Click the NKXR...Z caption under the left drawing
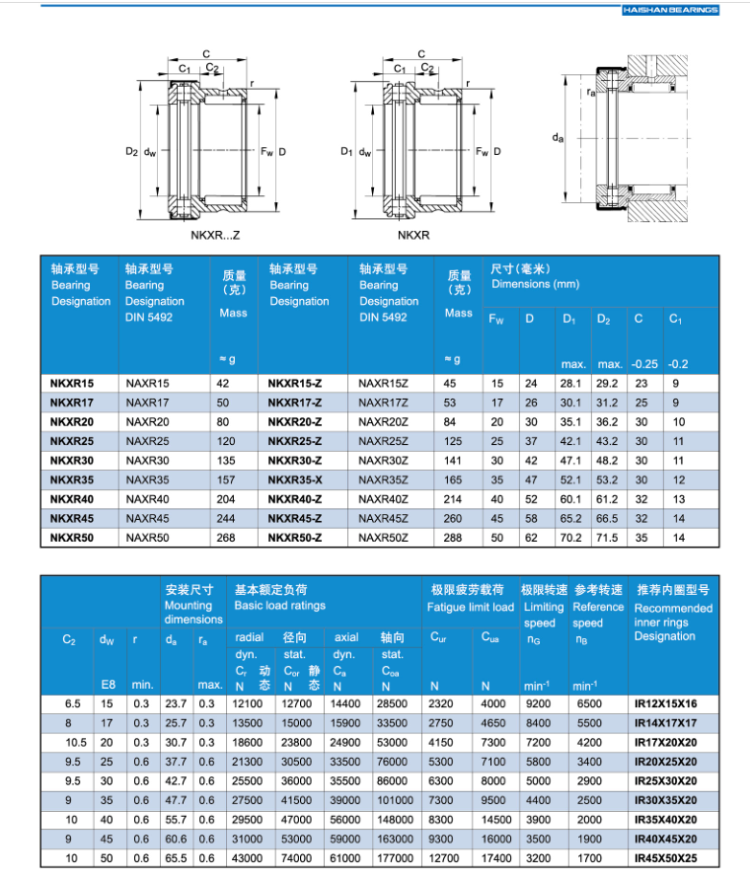215,236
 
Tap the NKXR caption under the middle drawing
413,236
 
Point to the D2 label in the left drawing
131,152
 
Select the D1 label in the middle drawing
345,152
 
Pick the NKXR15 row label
72,383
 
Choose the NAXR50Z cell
383,538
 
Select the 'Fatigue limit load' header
471,607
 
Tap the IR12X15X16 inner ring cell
665,703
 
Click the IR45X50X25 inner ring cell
665,858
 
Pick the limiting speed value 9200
538,703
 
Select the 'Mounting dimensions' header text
192,613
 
